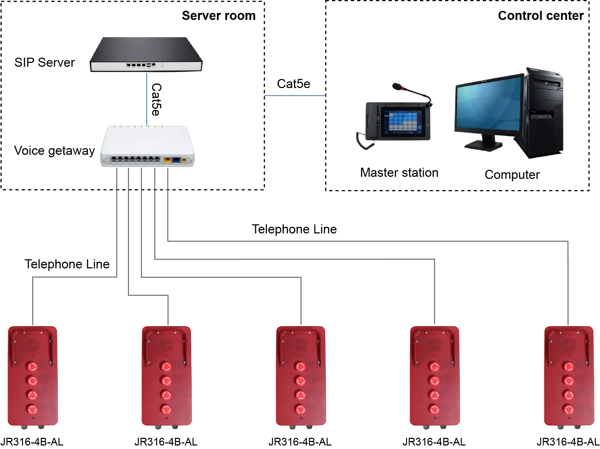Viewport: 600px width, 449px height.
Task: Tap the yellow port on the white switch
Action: [167, 160]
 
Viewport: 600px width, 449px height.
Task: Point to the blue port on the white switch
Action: [176, 160]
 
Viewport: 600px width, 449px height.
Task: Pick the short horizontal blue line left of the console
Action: [295, 96]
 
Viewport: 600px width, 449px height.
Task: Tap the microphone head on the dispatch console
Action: [397, 86]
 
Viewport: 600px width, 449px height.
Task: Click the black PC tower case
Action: [545, 115]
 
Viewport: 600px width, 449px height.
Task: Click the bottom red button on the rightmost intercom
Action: [569, 408]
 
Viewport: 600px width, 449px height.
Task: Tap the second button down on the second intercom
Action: [166, 380]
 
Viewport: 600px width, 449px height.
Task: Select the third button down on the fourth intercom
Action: [435, 395]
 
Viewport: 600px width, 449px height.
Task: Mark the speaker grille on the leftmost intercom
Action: [33, 345]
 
